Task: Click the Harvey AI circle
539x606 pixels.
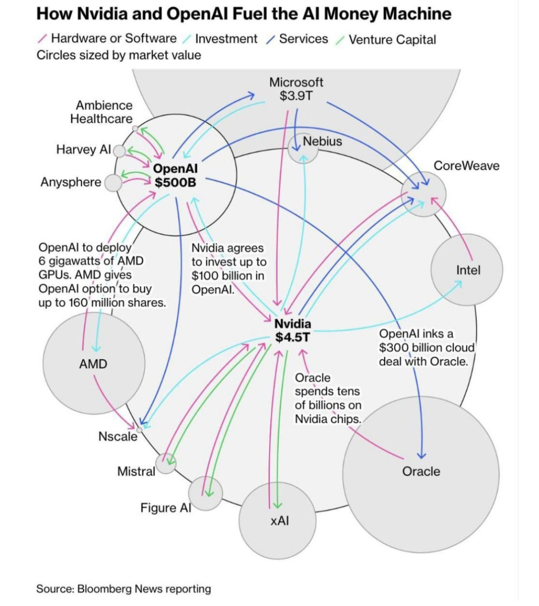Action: (x=119, y=151)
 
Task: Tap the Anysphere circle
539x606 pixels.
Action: (x=113, y=183)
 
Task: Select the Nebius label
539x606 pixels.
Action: (x=322, y=141)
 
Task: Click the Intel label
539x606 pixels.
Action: (x=468, y=270)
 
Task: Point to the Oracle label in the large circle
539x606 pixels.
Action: (x=421, y=471)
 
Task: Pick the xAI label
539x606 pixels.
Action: (x=279, y=520)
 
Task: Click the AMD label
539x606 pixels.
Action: (x=93, y=364)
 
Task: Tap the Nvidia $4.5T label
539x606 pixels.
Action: (x=293, y=330)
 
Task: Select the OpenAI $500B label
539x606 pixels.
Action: (x=175, y=175)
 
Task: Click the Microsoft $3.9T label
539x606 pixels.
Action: (x=296, y=89)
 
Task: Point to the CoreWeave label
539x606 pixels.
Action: (x=466, y=166)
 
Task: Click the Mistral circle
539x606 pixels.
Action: (x=166, y=463)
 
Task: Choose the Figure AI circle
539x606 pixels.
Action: (x=205, y=493)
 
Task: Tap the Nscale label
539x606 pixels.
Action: (x=118, y=436)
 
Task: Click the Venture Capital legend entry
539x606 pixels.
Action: (x=392, y=40)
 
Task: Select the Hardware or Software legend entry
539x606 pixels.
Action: (x=114, y=38)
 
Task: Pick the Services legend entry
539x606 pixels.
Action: (x=303, y=39)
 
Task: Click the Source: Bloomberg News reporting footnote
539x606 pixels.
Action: (x=123, y=589)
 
